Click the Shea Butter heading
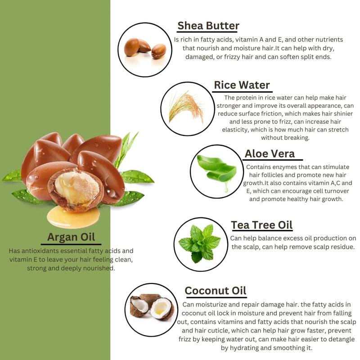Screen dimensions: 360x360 pyautogui.click(x=208, y=26)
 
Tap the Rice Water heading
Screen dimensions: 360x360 pyautogui.click(x=242, y=85)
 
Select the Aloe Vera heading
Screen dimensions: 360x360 pyautogui.click(x=270, y=153)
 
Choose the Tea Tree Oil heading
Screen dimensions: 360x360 pyautogui.click(x=262, y=225)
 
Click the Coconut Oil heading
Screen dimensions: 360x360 pyautogui.click(x=216, y=291)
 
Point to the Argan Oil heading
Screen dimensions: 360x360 pyautogui.click(x=71, y=237)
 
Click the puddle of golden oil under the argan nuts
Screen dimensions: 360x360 pyautogui.click(x=73, y=217)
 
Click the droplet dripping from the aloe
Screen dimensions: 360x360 pyautogui.click(x=226, y=188)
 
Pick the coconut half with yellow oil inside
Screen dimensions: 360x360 pyautogui.click(x=162, y=309)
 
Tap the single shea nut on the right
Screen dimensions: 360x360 pyautogui.click(x=159, y=51)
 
